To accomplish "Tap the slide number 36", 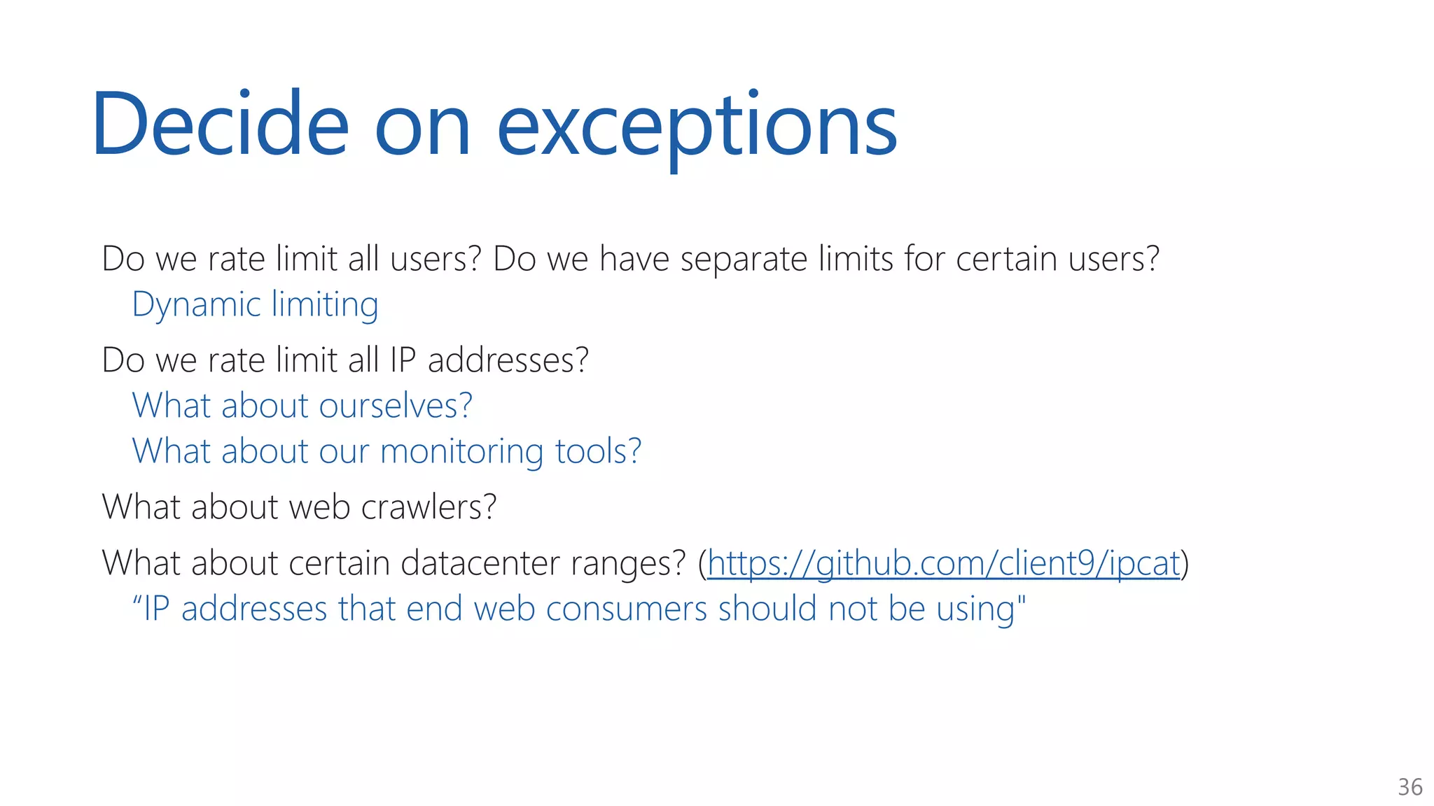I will point(1409,787).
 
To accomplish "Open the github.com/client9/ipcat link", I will point(943,564).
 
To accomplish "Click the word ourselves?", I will point(396,406).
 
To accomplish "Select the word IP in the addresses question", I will point(403,361).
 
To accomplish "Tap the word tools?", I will point(598,451).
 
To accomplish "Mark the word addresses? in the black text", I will point(508,361).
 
